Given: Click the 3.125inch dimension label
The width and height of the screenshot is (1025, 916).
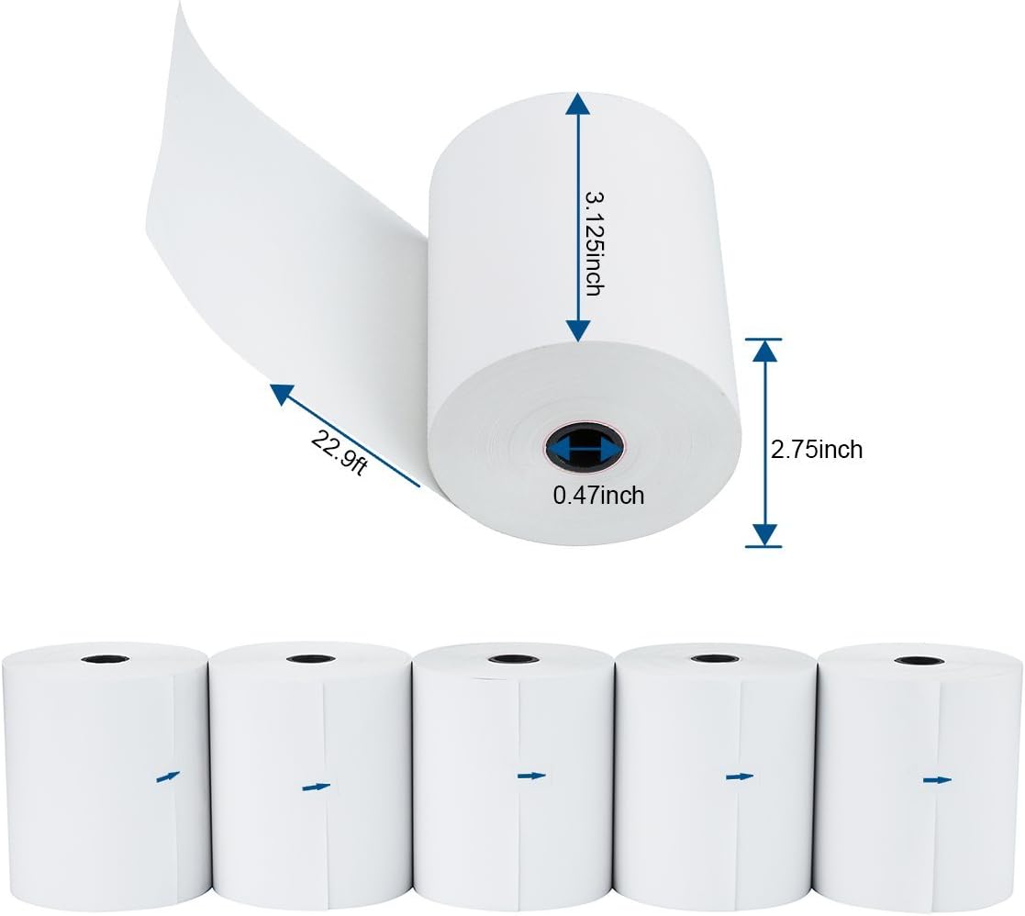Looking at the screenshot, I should coord(594,242).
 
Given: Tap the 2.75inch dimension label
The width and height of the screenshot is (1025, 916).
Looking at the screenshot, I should coord(816,450).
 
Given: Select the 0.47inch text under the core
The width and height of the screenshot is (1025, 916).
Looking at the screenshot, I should coord(598,496).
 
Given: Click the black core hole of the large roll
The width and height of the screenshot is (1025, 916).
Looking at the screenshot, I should coord(581,448).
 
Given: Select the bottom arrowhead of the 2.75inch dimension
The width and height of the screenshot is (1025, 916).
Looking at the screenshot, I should coord(764,534).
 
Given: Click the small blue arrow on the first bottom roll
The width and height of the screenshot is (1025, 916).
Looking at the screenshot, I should coord(168,776).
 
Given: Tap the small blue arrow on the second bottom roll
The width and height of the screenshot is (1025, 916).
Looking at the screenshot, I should coord(316,787).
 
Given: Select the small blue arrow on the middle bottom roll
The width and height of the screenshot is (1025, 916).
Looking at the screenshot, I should coord(531,776).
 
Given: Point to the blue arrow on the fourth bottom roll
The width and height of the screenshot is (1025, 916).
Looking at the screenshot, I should coord(739,777).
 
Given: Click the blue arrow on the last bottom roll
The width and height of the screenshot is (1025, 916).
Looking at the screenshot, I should coord(937,779).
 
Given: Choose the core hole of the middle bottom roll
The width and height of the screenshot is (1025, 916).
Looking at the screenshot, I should coord(512,658).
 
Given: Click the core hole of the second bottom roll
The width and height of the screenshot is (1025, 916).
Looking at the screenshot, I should coord(310,658).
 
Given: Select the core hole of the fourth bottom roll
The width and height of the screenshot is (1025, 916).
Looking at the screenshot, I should coord(714,658).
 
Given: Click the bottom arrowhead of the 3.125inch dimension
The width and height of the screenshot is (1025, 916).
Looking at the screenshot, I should coord(577,329).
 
